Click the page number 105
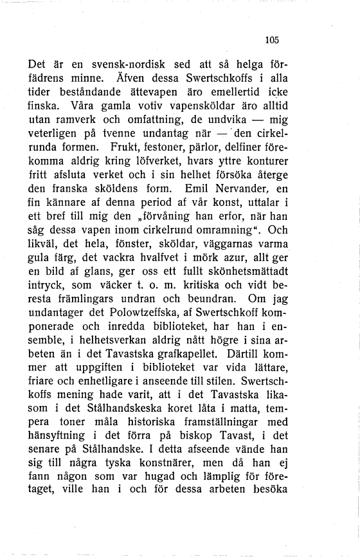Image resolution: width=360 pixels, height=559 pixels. (x=272, y=40)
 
